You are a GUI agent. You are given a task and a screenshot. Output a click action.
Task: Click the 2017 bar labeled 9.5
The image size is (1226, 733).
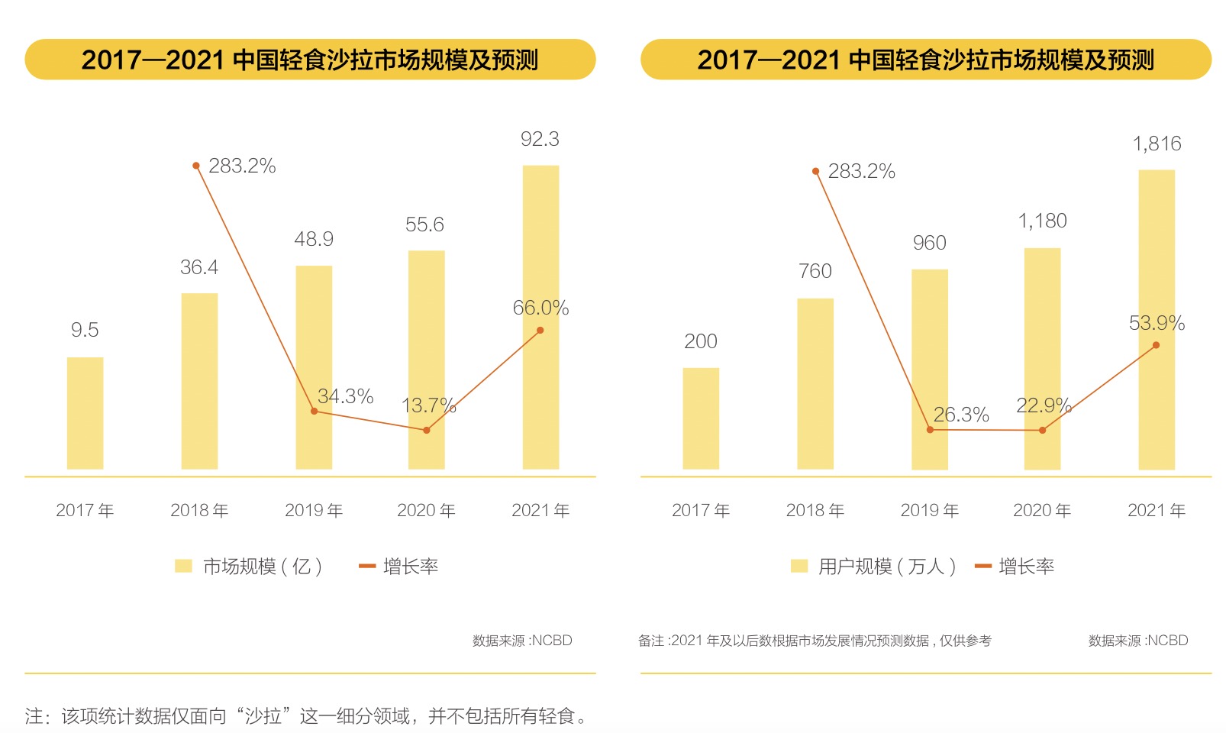(85, 413)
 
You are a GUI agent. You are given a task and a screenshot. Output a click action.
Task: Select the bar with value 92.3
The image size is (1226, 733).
(540, 317)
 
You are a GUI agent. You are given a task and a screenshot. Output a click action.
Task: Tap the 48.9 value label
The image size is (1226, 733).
(314, 239)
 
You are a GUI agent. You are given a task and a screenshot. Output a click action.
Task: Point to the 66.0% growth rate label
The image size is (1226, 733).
(540, 308)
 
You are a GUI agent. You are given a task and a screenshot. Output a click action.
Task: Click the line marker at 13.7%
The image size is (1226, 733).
(426, 431)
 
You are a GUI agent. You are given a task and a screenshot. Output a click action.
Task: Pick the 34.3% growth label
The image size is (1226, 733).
(345, 396)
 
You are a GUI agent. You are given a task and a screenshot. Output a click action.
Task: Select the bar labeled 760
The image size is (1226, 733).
(815, 383)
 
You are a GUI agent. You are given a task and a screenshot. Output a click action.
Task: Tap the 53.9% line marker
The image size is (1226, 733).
(1156, 345)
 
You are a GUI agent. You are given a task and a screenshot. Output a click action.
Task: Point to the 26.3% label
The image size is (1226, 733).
(961, 415)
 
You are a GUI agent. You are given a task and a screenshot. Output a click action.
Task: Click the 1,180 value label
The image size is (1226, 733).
(1042, 221)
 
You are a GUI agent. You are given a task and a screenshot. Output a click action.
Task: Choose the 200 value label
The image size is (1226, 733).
(701, 341)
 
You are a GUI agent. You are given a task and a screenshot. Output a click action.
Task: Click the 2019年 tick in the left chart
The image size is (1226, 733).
(314, 510)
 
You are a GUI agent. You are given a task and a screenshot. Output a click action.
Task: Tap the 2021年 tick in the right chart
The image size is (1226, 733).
(1157, 510)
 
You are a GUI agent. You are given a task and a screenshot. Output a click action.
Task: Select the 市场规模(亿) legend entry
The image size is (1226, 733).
(250, 567)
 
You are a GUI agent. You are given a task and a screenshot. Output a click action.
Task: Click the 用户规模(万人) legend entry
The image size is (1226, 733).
(874, 567)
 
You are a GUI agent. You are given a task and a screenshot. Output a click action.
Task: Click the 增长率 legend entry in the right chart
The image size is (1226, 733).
(1015, 567)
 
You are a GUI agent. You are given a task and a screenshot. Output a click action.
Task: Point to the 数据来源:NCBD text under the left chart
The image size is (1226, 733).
(522, 641)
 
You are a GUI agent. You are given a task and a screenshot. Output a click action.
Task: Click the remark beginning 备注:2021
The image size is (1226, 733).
(815, 641)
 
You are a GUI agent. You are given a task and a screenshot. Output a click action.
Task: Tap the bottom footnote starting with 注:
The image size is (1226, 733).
(305, 716)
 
